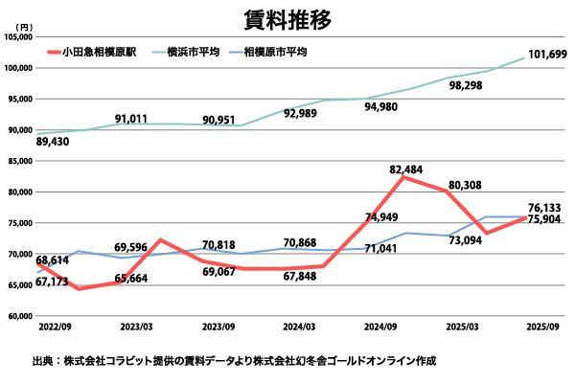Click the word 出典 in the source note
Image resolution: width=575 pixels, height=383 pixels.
click(42, 361)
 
